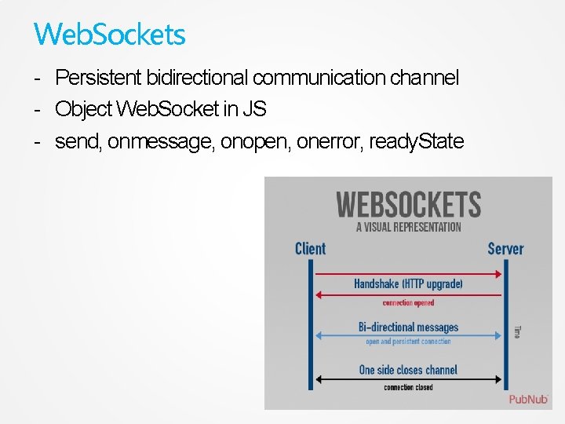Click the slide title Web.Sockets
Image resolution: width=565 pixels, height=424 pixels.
click(x=110, y=34)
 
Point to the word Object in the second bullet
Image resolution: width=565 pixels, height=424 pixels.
click(x=83, y=109)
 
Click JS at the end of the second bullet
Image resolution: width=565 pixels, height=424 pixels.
click(x=254, y=109)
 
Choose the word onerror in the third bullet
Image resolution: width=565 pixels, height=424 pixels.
click(x=324, y=142)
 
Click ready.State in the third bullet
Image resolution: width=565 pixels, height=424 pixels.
click(x=416, y=142)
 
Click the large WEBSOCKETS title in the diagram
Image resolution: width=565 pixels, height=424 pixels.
click(x=408, y=205)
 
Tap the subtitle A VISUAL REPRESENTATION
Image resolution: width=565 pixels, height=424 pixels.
click(x=408, y=227)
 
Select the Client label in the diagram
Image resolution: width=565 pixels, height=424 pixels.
click(x=310, y=249)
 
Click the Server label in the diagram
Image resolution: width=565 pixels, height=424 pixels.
click(x=505, y=249)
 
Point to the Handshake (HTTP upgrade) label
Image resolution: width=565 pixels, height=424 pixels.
click(x=408, y=283)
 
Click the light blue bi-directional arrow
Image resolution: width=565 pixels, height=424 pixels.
click(x=408, y=335)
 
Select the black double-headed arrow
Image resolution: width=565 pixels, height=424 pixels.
click(x=408, y=379)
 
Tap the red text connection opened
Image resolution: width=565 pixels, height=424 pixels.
click(x=408, y=303)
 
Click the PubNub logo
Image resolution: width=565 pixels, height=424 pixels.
click(x=528, y=399)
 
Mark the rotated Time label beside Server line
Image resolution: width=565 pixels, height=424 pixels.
click(x=516, y=332)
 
